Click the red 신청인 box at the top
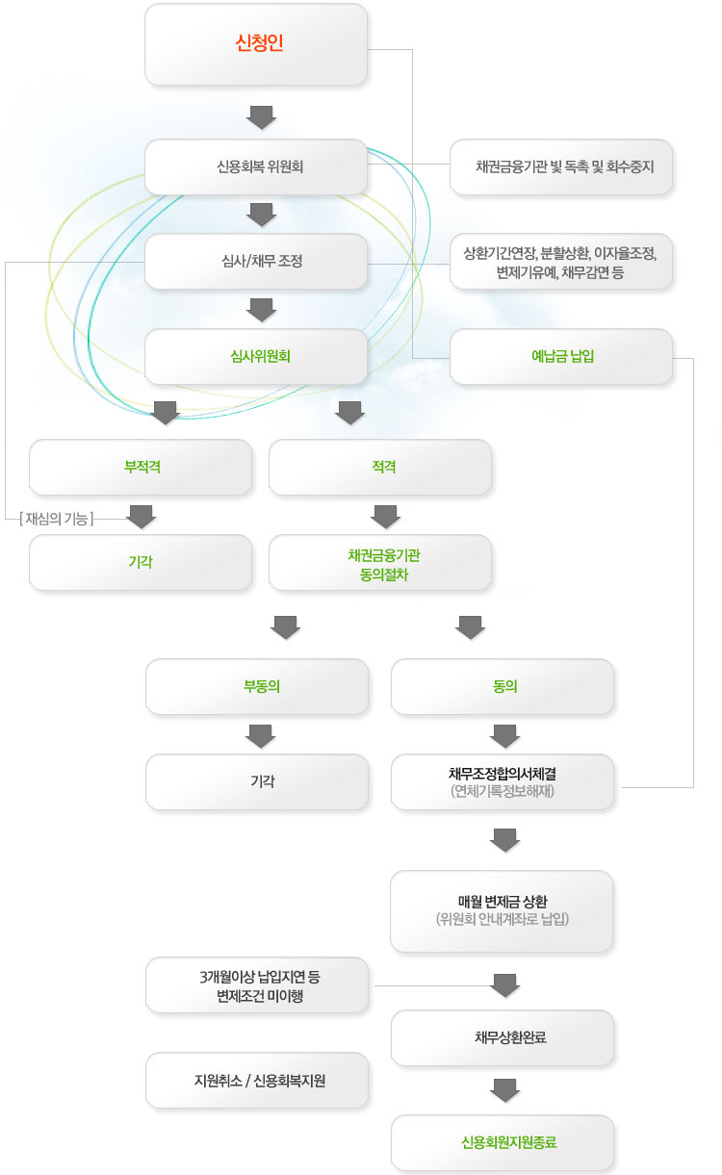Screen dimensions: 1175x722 256,44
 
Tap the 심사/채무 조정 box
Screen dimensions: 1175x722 256,261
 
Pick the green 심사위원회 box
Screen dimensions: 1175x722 256,355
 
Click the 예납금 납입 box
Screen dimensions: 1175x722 561,356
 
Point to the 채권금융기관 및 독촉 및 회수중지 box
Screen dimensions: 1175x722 561,166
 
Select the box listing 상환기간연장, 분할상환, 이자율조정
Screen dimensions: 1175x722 561,261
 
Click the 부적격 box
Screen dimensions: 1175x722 141,467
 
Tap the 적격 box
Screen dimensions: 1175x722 380,467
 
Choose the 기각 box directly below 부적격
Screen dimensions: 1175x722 141,562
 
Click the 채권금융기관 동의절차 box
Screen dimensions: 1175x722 380,562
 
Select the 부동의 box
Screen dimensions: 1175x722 256,686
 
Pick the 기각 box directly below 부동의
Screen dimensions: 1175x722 256,781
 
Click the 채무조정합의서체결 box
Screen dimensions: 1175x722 503,781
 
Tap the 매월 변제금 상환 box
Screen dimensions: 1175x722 502,910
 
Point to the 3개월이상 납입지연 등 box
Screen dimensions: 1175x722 256,984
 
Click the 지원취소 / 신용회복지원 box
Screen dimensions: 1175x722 256,1080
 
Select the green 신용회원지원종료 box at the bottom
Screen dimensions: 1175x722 502,1142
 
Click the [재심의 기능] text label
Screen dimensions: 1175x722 56,519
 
